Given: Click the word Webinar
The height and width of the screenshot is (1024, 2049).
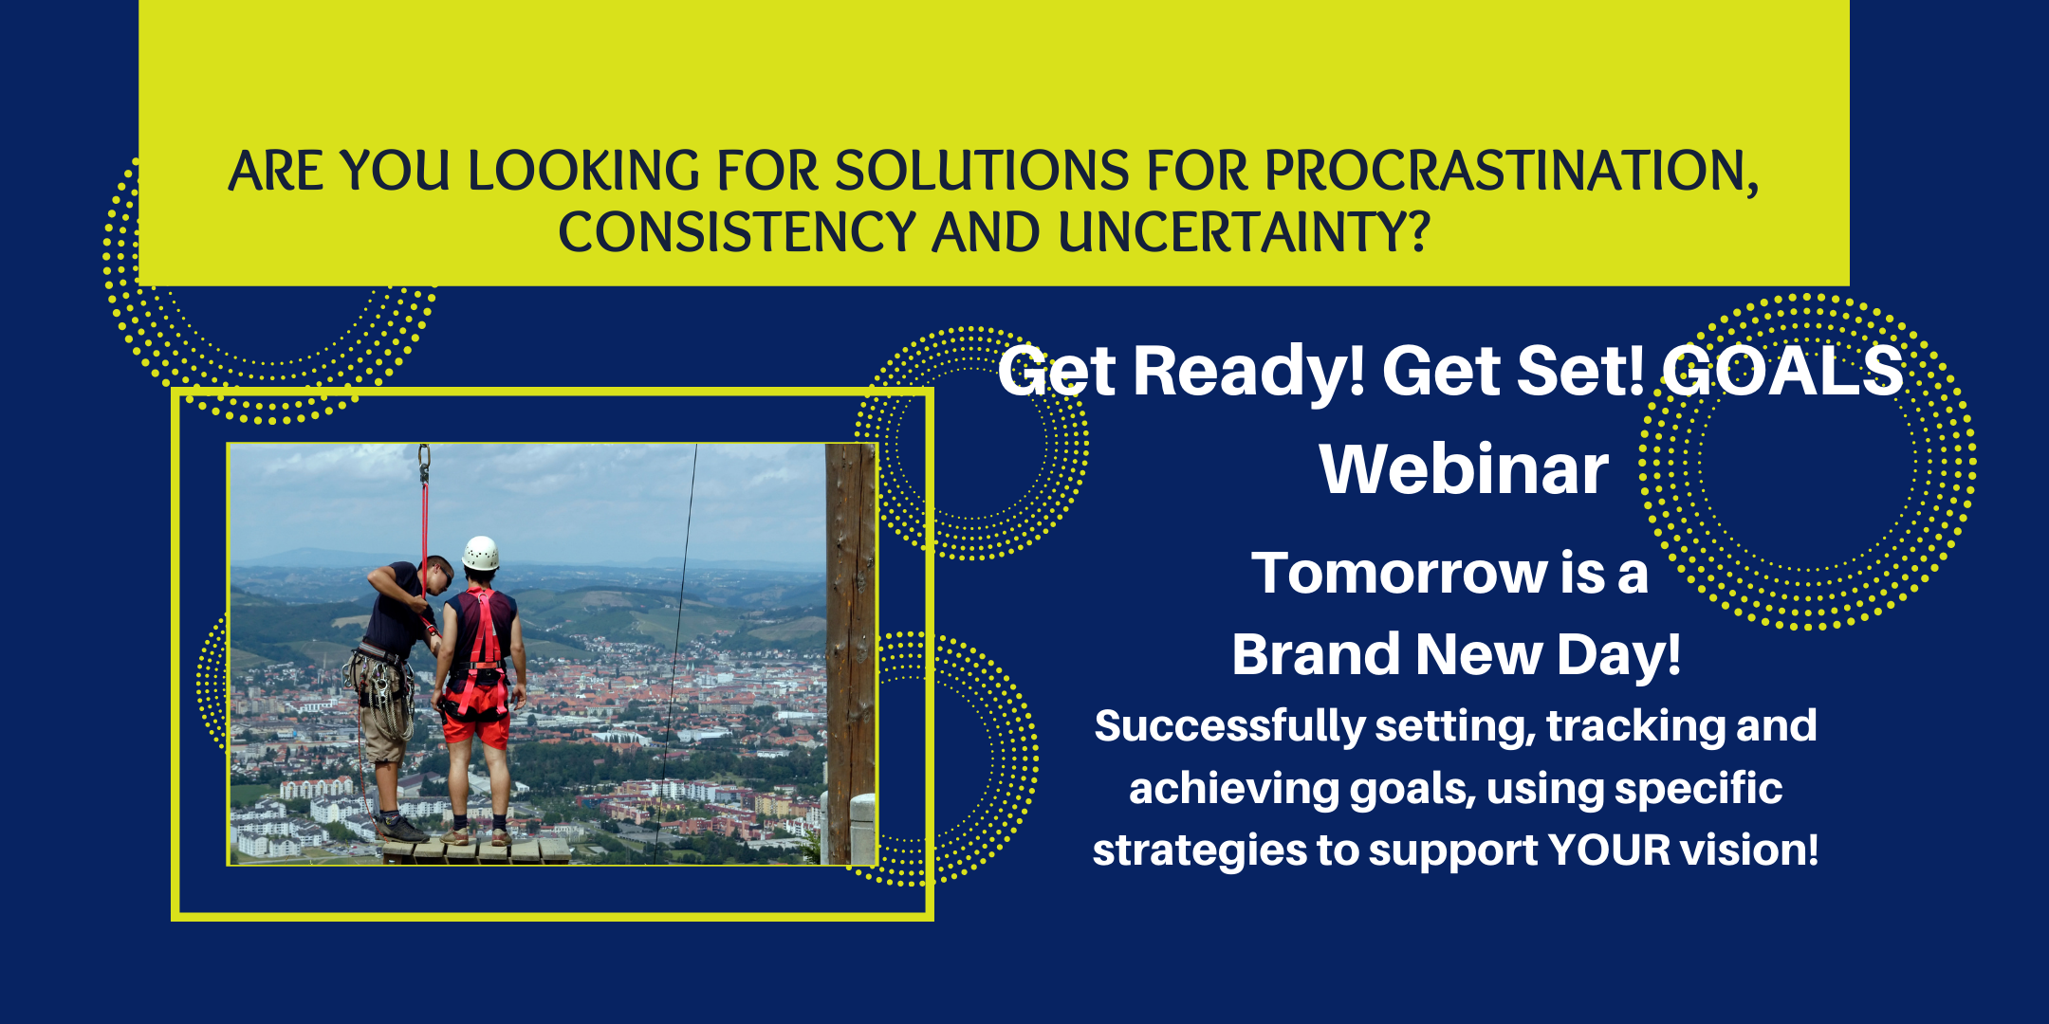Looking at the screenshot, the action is pos(1464,469).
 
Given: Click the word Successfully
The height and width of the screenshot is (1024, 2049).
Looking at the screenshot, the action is pos(1229,727).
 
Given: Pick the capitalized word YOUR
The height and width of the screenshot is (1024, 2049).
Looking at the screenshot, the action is pos(1609,850).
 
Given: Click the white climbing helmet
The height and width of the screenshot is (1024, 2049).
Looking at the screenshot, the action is pos(481,553).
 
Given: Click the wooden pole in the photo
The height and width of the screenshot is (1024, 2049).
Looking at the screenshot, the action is pos(850,654).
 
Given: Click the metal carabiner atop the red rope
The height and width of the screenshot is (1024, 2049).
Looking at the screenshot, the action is pos(424,464).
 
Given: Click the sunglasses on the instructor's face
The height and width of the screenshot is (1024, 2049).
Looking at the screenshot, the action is pos(441,574).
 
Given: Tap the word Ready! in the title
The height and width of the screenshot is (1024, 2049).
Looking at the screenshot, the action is pos(1248,372).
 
